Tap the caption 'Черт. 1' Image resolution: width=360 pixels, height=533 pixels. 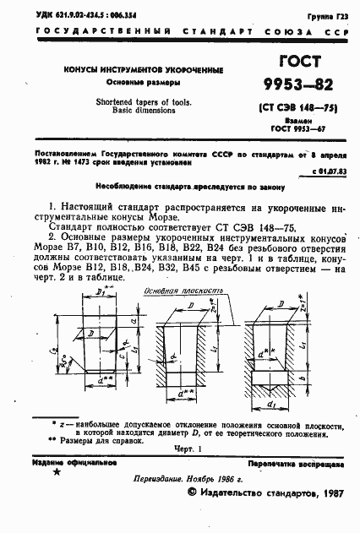(189, 450)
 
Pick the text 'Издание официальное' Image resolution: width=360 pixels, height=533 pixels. (65, 463)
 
